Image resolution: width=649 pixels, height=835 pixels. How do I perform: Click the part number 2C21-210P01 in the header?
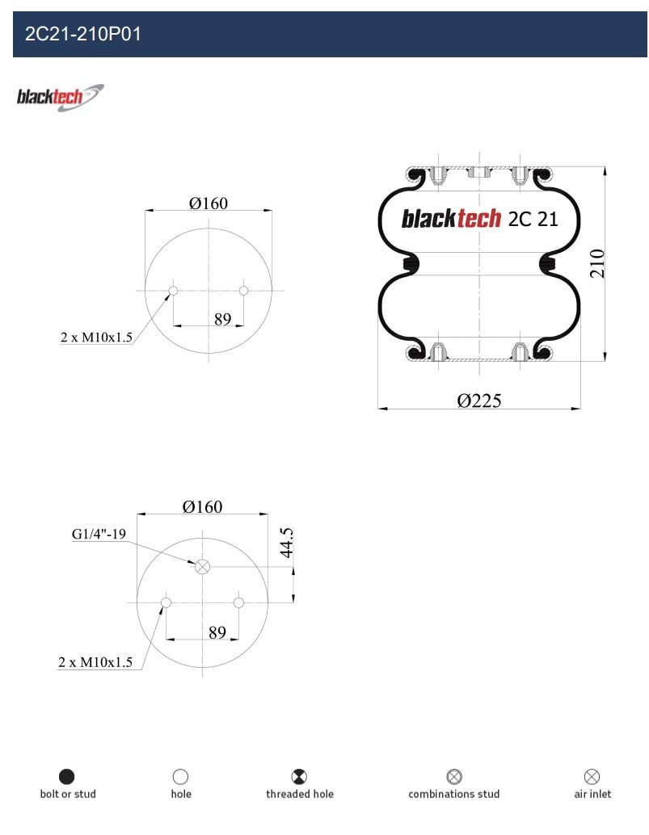83,34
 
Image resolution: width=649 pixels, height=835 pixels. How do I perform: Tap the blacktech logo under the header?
60,98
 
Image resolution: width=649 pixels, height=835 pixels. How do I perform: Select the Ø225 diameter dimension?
479,401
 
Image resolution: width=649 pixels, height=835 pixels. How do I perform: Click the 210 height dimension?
597,263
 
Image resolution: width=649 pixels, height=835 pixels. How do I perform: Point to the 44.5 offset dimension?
287,543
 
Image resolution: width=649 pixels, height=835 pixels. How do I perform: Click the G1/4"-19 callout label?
99,534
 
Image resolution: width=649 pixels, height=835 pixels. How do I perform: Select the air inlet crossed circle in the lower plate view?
202,567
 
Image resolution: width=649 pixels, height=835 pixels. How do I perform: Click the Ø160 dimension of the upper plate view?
209,203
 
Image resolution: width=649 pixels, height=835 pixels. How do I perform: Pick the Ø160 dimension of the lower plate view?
202,506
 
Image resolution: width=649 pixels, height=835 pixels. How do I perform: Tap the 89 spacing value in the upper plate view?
222,319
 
